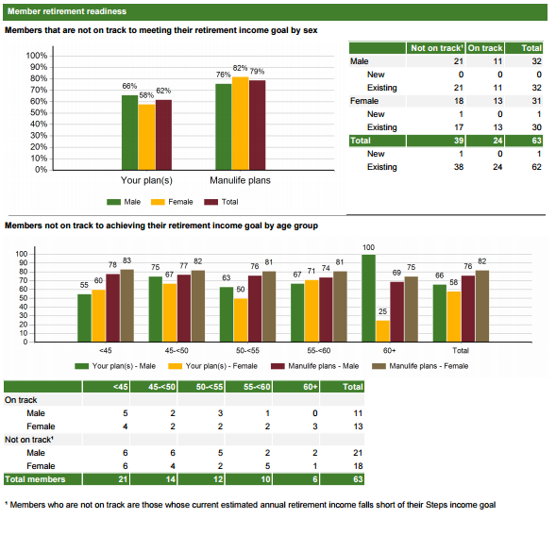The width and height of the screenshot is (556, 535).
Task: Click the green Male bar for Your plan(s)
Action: click(x=129, y=133)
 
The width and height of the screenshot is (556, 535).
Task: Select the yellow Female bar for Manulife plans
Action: click(x=241, y=124)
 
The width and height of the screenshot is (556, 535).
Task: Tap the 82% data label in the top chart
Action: click(x=240, y=68)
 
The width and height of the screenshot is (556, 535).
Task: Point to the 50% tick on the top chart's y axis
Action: click(x=39, y=112)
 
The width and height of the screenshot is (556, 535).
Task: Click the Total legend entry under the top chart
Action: click(x=221, y=202)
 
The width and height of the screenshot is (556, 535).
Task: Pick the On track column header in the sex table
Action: click(x=485, y=48)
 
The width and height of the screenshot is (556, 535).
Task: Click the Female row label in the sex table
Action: click(x=364, y=101)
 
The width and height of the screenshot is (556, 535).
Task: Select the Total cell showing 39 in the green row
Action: click(x=459, y=141)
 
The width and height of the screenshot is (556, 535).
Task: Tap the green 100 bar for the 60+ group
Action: click(x=368, y=298)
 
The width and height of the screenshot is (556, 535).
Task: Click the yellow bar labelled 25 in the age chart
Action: click(x=383, y=331)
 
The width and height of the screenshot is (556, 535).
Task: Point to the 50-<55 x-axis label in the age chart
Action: click(x=247, y=351)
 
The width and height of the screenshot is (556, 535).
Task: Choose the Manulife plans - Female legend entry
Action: click(x=420, y=366)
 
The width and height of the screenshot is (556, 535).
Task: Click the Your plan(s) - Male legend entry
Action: click(x=115, y=366)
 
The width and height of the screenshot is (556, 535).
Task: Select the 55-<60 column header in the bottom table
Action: click(x=257, y=387)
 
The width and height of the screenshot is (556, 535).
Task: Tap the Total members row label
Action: click(x=35, y=479)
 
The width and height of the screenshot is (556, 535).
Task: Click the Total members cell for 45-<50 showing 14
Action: click(x=171, y=479)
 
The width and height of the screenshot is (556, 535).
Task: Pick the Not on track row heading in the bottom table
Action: click(x=28, y=440)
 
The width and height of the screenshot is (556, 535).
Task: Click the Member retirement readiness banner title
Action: click(x=67, y=11)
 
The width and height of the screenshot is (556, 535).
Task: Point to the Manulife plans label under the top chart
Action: click(x=240, y=180)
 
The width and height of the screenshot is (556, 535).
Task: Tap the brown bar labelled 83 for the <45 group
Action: click(x=126, y=306)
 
